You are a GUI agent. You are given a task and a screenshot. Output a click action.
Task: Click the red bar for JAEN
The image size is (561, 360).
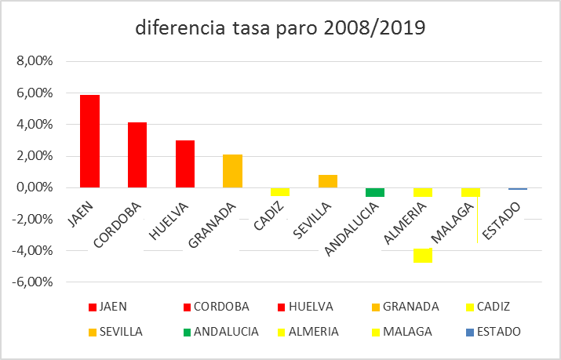tap(90, 141)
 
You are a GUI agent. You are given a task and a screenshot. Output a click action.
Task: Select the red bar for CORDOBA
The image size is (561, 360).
tap(137, 155)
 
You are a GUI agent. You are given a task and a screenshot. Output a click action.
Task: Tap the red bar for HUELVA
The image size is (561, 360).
tap(185, 164)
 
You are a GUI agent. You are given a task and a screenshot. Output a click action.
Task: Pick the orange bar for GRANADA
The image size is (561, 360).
tap(232, 171)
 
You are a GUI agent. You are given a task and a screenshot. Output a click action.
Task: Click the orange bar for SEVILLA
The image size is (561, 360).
tap(328, 181)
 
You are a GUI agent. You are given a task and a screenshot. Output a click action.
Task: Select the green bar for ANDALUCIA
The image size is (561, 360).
tap(375, 192)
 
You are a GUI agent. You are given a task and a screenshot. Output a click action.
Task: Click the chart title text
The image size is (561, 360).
tap(280, 29)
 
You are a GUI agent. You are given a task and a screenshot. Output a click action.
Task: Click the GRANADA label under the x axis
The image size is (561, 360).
tap(213, 224)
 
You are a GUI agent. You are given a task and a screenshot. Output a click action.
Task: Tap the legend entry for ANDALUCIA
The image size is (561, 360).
tap(220, 332)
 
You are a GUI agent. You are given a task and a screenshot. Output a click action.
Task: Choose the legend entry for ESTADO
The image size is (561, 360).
tap(492, 332)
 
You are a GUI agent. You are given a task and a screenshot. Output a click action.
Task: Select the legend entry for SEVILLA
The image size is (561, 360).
tap(117, 332)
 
